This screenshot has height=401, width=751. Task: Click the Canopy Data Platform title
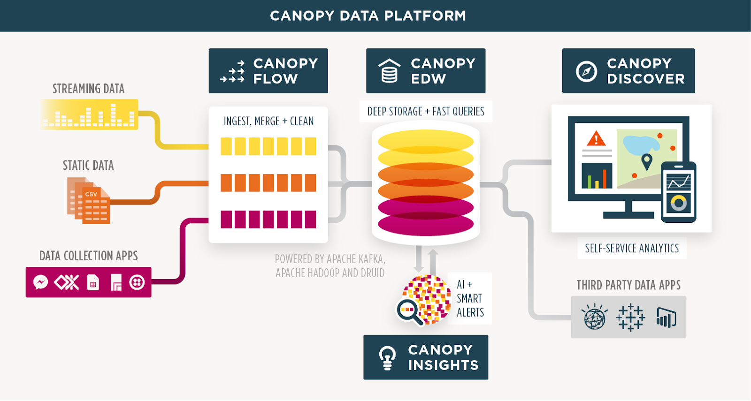click(368, 16)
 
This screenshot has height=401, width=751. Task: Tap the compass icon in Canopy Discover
click(586, 71)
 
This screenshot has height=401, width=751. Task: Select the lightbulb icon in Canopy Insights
click(387, 358)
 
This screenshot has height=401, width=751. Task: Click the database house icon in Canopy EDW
click(389, 71)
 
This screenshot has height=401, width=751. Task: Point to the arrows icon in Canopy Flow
click(233, 72)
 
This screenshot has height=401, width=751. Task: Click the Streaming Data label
click(88, 89)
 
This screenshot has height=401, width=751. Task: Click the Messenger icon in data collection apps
click(41, 282)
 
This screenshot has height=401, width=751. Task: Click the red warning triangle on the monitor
click(596, 139)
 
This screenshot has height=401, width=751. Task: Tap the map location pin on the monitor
click(647, 161)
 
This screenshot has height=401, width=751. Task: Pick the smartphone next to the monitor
click(678, 192)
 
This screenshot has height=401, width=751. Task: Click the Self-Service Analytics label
click(632, 248)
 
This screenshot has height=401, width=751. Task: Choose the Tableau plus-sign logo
click(630, 318)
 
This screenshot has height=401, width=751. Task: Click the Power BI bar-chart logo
click(666, 318)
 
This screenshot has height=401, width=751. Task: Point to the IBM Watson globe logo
click(594, 317)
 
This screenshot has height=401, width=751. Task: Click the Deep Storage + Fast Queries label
click(426, 112)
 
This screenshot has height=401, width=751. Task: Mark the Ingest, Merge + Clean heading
click(268, 121)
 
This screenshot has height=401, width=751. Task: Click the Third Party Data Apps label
click(628, 285)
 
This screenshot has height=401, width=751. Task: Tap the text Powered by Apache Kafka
click(330, 259)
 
